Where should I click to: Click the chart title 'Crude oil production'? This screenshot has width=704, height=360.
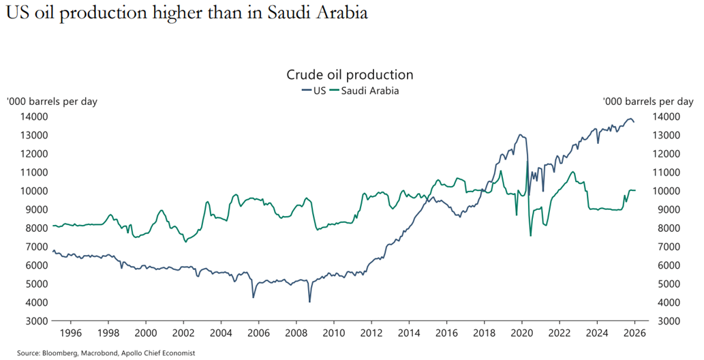click(x=350, y=74)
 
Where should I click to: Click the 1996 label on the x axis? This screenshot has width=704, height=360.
click(x=71, y=333)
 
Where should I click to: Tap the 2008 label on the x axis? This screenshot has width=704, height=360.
click(x=296, y=333)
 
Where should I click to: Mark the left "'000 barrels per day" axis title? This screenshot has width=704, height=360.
click(x=52, y=102)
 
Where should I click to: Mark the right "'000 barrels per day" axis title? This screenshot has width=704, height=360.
click(x=647, y=102)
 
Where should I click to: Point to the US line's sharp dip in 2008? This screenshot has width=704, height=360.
click(x=309, y=301)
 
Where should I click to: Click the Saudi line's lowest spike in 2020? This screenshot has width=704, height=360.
click(x=530, y=236)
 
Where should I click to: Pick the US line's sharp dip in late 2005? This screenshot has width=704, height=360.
click(x=254, y=297)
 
